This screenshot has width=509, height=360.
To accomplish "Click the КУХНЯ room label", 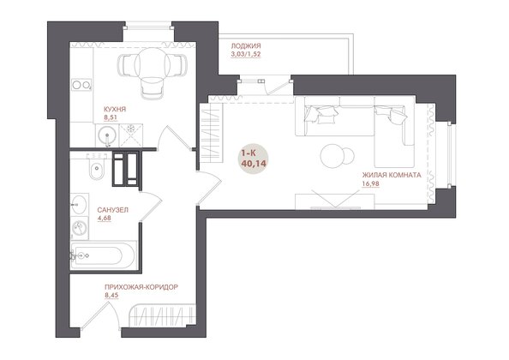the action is pyautogui.click(x=115, y=109).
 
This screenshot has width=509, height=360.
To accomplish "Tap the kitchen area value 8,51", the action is pyautogui.click(x=110, y=117).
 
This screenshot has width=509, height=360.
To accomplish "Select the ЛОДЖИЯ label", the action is pyautogui.click(x=246, y=46).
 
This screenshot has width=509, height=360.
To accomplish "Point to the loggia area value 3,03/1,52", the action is pyautogui.click(x=246, y=55).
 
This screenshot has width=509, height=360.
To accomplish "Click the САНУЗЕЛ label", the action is pyautogui.click(x=112, y=210).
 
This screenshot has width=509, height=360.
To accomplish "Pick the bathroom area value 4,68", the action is pyautogui.click(x=104, y=218).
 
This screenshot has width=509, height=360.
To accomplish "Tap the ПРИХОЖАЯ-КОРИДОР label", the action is pyautogui.click(x=141, y=287).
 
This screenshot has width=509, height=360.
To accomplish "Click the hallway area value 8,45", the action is pyautogui.click(x=111, y=296).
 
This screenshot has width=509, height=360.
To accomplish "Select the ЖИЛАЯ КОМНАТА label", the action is pyautogui.click(x=392, y=176).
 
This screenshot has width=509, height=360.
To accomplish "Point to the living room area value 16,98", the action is pyautogui.click(x=370, y=184).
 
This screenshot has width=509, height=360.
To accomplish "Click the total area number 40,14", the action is pyautogui.click(x=254, y=163).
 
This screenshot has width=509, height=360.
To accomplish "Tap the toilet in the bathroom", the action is pyautogui.click(x=97, y=166).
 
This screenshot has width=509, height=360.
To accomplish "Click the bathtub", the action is pyautogui.click(x=103, y=255).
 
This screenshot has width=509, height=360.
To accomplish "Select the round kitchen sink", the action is pyautogui.click(x=107, y=135).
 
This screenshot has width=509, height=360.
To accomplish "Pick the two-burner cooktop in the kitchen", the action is pyautogui.click(x=81, y=85).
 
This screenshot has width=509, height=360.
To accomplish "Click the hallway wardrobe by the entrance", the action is pyautogui.click(x=163, y=315).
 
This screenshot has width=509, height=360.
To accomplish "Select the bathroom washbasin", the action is pyautogui.click(x=79, y=205).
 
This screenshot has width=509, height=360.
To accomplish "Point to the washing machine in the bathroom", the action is pyautogui.click(x=79, y=228).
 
